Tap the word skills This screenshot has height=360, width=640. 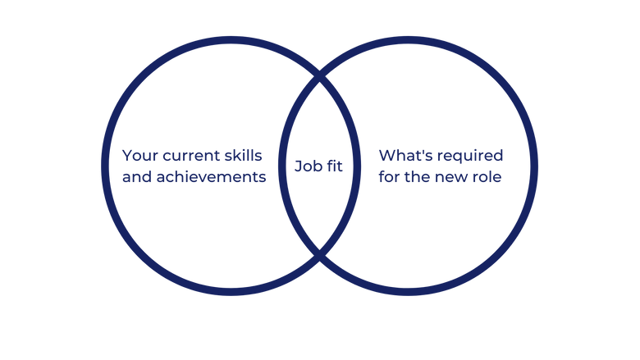(x=248, y=154)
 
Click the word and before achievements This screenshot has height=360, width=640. (x=136, y=176)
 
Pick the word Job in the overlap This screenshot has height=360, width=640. (x=306, y=166)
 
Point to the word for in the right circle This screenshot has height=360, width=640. (x=390, y=176)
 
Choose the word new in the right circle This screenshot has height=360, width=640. (x=455, y=176)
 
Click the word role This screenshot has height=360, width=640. (x=489, y=176)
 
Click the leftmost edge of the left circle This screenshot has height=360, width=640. (x=101, y=166)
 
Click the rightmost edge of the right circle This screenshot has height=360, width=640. (x=537, y=166)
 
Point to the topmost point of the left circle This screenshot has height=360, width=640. (x=231, y=37)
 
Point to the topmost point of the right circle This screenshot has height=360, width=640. (x=408, y=37)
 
